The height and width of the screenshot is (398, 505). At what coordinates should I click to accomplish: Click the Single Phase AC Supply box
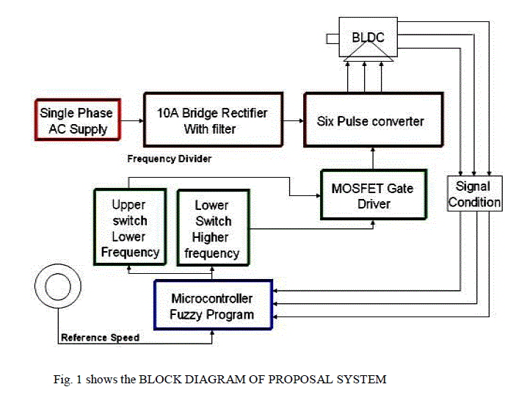coord(77,121)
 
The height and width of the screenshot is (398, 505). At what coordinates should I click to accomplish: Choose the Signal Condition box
coord(475,194)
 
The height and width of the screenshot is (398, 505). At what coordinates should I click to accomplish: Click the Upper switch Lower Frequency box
coord(128,228)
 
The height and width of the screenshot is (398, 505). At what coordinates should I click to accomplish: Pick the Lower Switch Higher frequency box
coord(212,228)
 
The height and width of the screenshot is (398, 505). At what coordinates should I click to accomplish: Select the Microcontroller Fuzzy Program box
coord(211,307)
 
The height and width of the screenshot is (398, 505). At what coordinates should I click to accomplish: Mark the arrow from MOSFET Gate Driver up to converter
coord(374,157)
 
